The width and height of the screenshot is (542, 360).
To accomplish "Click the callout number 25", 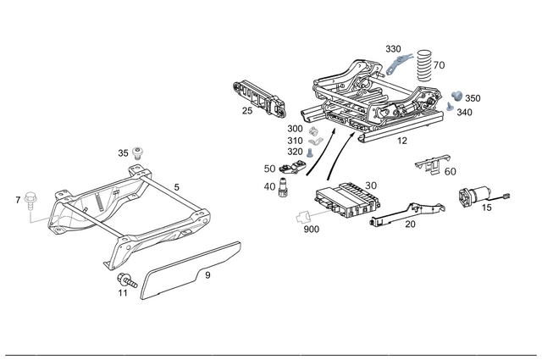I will [246, 111].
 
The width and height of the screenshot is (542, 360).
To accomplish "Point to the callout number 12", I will [402, 141].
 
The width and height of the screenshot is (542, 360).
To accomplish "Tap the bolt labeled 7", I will [31, 200].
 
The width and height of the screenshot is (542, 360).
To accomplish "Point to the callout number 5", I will [176, 186].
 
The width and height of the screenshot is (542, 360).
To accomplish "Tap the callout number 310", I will [294, 141].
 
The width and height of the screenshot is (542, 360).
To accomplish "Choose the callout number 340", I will [464, 112].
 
